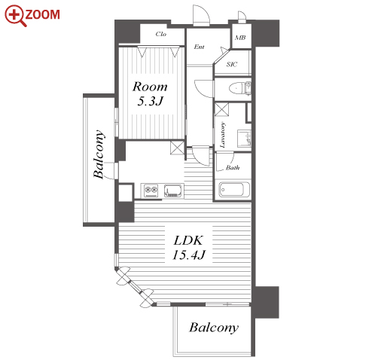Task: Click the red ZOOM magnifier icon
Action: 15,16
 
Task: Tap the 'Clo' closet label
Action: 160,34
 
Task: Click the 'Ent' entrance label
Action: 199,47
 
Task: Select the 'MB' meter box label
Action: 240,38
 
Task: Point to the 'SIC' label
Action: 232,64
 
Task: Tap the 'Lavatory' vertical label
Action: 222,135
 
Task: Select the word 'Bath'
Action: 233,167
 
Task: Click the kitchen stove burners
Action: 151,191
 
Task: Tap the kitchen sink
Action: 173,191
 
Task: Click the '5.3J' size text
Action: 150,101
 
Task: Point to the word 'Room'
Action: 150,87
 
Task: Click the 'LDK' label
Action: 188,240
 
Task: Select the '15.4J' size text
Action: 189,255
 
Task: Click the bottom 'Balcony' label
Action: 214,328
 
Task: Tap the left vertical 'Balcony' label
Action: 99,154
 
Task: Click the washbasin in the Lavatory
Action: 244,138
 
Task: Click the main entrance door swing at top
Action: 201,16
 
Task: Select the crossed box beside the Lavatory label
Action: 221,109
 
